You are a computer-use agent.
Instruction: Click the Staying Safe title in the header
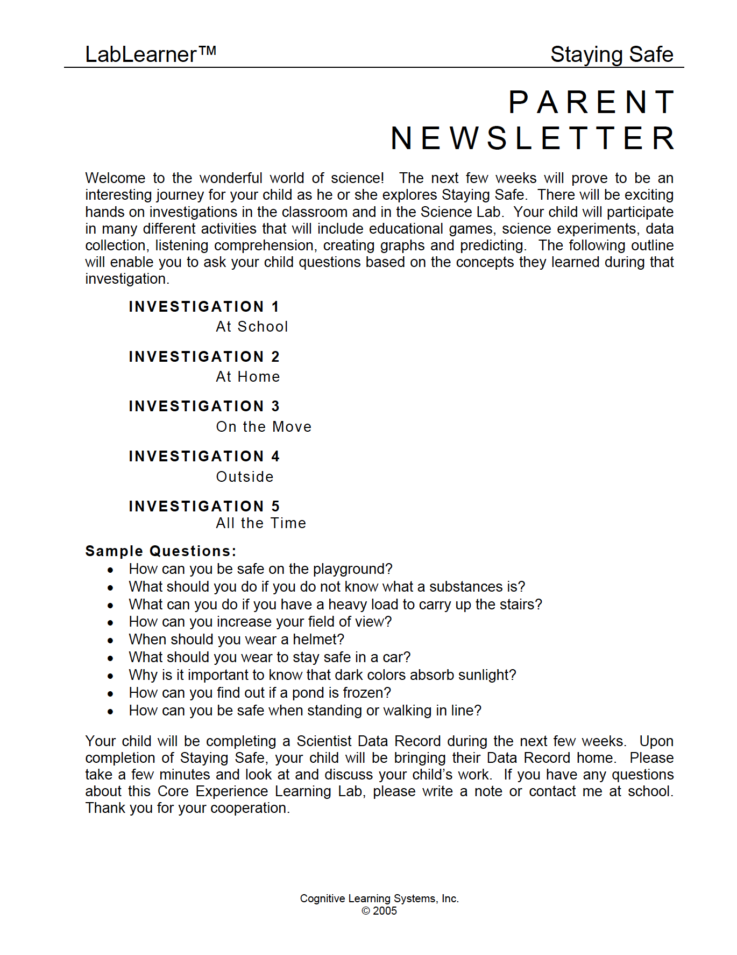(x=611, y=54)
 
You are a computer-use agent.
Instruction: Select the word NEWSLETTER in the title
(x=533, y=138)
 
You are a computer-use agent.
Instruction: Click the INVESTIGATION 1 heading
(x=204, y=307)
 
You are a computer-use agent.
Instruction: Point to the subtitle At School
(x=252, y=327)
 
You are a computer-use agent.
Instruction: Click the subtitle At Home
(x=247, y=377)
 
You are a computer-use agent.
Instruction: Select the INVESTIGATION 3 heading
(x=204, y=406)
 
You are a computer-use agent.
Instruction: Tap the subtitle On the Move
(x=264, y=427)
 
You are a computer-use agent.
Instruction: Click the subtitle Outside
(x=245, y=477)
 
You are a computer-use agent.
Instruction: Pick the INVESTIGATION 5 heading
(x=204, y=507)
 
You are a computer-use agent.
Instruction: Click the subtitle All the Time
(x=261, y=523)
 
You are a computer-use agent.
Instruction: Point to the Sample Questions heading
(x=160, y=551)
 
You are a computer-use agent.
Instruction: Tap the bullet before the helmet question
(x=110, y=641)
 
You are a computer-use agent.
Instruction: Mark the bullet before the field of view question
(x=110, y=623)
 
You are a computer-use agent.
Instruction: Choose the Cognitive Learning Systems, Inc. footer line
(x=379, y=898)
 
